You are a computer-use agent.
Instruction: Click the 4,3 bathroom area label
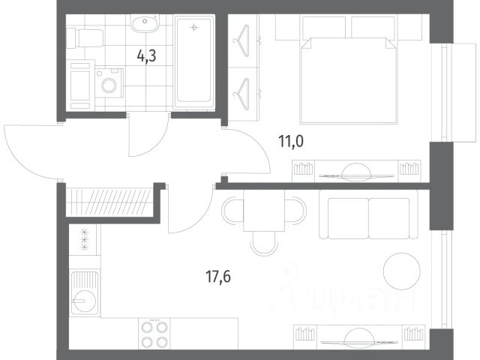coord(147,56)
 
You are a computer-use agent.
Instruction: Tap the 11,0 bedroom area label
coord(291,142)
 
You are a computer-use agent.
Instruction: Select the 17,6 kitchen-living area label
coord(218,277)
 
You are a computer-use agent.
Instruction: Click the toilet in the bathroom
coord(85,38)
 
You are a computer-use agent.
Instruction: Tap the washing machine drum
coord(109,85)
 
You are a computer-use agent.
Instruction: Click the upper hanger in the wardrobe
coord(241,40)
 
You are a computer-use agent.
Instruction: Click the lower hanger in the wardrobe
coord(241,94)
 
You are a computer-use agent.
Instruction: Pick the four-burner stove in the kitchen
coord(154,334)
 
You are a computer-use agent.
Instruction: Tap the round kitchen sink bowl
coord(84,301)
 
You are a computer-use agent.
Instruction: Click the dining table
coord(264,211)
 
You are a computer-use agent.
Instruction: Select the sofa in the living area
coord(368,214)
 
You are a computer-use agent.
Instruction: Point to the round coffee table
coord(402,271)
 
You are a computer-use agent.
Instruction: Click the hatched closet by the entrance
coord(109,202)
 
